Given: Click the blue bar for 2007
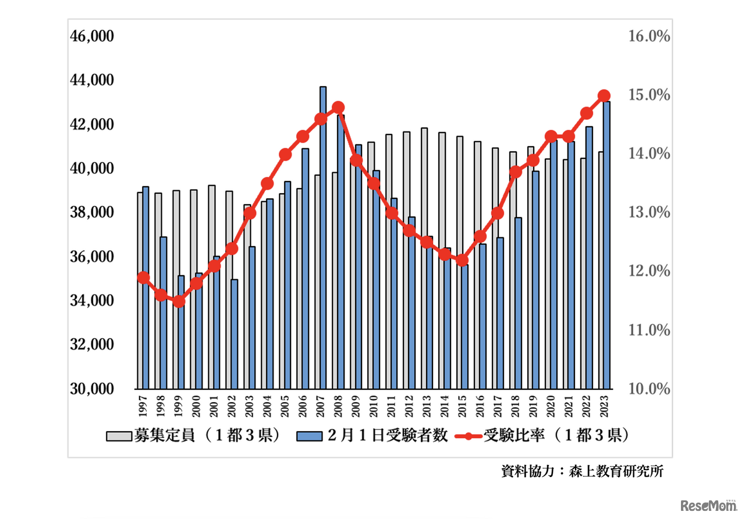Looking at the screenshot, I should [x=323, y=239].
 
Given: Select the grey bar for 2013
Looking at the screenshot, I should [x=424, y=259].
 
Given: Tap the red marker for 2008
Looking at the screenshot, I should [x=339, y=108].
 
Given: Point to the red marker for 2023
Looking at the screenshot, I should [x=604, y=96].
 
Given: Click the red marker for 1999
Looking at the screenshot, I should [x=179, y=301].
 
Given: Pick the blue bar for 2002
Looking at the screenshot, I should [x=234, y=335].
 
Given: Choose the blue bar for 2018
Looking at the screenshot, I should [x=518, y=303].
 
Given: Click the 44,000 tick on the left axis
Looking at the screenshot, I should [x=91, y=80].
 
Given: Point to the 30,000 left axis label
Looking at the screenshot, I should [x=91, y=389].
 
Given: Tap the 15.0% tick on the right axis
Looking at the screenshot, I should [x=649, y=95].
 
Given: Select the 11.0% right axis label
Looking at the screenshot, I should [x=649, y=330].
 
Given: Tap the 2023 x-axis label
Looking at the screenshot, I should [x=605, y=405].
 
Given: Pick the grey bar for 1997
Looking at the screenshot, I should [x=140, y=291].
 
